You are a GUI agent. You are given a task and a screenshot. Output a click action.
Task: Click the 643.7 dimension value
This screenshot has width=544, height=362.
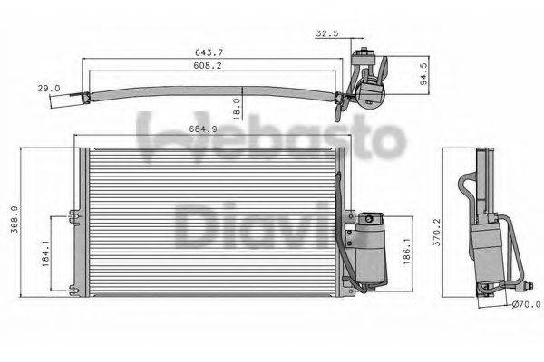click(x=215, y=52)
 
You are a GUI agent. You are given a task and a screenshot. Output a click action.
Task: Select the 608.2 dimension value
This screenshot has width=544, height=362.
click(x=215, y=66)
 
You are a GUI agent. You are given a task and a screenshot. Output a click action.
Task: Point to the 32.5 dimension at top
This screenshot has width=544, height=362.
click(x=327, y=33)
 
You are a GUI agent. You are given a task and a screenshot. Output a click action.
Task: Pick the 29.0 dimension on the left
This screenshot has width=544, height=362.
click(x=49, y=88)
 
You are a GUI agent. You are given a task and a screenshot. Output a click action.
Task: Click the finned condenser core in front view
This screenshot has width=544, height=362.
click(x=209, y=222)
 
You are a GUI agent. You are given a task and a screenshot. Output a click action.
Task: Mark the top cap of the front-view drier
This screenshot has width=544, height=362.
click(x=372, y=219)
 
